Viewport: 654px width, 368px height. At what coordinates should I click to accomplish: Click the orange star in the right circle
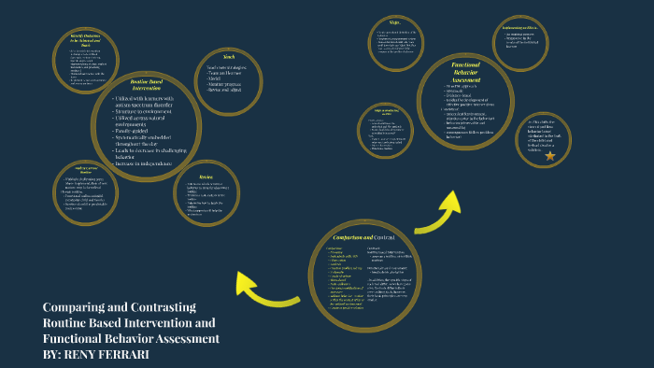point(549,155)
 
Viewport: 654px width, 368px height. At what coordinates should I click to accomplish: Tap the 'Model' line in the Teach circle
point(219,79)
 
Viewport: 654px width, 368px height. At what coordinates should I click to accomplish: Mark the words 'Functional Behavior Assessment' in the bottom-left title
point(131,337)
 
